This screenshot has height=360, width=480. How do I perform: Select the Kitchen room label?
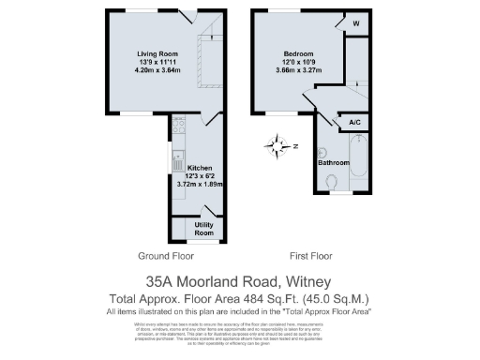(188, 167)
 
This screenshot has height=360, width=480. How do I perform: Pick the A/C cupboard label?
(355, 122)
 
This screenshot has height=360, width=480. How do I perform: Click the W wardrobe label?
(356, 25)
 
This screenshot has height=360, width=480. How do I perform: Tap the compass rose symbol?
(278, 145)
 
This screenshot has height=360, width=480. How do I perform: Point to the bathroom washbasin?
(322, 152)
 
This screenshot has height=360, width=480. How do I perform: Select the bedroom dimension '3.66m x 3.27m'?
(299, 71)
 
